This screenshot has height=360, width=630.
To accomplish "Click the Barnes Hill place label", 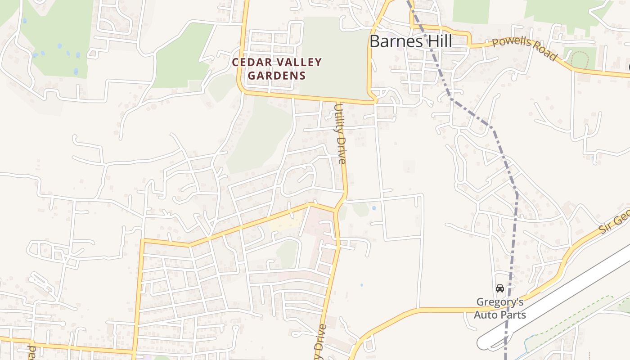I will click(410, 41).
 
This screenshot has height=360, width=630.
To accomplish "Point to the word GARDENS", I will click(276, 75).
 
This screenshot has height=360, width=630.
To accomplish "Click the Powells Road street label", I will click(524, 48).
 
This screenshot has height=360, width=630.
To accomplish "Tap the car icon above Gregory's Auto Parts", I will click(499, 288).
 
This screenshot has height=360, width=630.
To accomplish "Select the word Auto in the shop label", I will click(487, 314).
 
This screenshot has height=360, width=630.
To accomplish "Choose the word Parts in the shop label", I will click(513, 314).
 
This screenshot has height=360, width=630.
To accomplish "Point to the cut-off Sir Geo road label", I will click(614, 222).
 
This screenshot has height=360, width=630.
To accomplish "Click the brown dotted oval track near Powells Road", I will click(579, 59).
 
